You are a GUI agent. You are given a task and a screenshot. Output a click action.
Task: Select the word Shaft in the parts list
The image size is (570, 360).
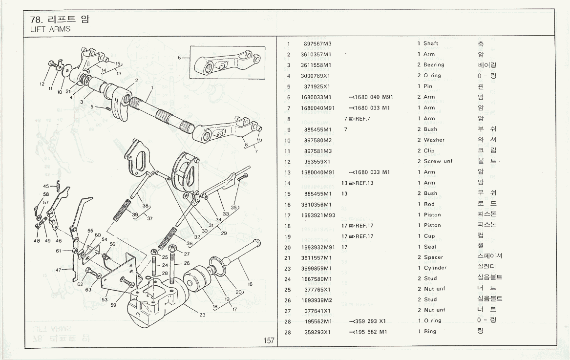[430, 43]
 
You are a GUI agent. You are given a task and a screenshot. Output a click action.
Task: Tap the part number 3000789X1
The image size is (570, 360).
[316, 76]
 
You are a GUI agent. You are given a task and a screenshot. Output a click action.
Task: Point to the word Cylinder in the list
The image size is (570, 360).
[435, 268]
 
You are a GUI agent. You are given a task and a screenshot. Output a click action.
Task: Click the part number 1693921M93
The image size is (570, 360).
[318, 215]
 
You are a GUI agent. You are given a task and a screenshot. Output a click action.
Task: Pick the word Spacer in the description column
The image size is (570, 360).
[433, 257]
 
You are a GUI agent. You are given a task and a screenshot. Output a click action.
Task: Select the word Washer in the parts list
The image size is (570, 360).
[434, 140]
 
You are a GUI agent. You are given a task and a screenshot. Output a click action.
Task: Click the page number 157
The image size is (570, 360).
[269, 341]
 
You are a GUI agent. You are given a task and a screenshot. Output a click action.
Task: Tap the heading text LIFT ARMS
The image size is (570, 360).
[50, 29]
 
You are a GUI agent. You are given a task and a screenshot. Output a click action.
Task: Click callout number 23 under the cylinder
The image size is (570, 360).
[202, 315]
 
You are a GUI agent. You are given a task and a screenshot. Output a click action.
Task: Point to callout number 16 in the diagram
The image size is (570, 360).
[250, 284]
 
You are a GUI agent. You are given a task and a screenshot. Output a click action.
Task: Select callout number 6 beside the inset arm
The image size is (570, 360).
[179, 58]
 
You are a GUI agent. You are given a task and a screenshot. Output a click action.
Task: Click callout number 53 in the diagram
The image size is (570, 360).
[105, 299]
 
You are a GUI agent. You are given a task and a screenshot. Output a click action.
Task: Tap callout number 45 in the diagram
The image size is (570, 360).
[46, 186]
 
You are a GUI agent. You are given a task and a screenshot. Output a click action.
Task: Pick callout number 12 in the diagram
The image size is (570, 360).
[42, 84]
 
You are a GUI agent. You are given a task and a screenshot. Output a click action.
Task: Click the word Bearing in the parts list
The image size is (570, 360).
[434, 65]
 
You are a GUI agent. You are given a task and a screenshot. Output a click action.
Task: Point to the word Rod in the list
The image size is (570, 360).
[429, 204]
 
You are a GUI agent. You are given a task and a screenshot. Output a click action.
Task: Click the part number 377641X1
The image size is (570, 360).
[317, 311]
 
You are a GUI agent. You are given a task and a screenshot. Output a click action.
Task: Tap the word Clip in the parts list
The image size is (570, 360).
[429, 151]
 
